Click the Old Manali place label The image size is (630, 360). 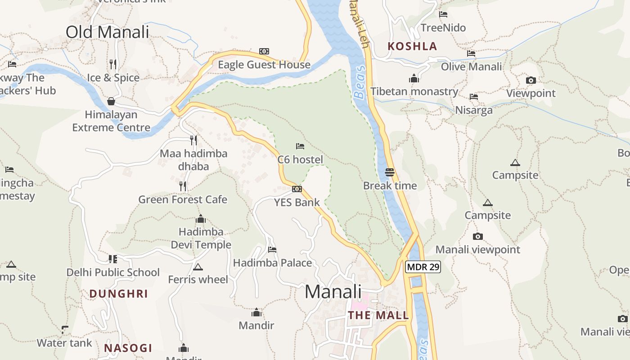(x=107, y=32)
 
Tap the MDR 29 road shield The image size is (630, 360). (x=423, y=267)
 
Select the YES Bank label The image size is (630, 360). (x=297, y=202)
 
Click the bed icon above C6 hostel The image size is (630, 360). (x=300, y=146)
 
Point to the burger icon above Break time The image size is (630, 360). (x=390, y=172)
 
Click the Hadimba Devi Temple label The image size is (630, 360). (x=201, y=238)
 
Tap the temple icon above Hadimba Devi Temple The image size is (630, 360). (x=201, y=219)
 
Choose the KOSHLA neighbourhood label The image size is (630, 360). (x=412, y=46)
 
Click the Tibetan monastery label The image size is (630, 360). (x=414, y=92)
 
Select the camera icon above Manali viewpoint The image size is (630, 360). (x=478, y=236)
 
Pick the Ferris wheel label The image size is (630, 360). (x=198, y=279)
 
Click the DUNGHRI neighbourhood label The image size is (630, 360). (x=118, y=294)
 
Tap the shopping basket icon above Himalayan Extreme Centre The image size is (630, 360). (x=111, y=101)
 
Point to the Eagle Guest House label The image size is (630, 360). (x=264, y=65)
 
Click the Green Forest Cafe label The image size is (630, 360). (x=183, y=199)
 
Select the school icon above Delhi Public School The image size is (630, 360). (x=112, y=259)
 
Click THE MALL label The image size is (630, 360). (x=378, y=315)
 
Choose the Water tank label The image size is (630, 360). (x=64, y=343)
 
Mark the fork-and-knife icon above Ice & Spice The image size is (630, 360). (x=113, y=64)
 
